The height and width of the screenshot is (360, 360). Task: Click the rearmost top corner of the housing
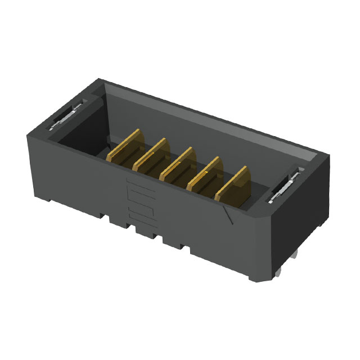(x=100, y=79)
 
